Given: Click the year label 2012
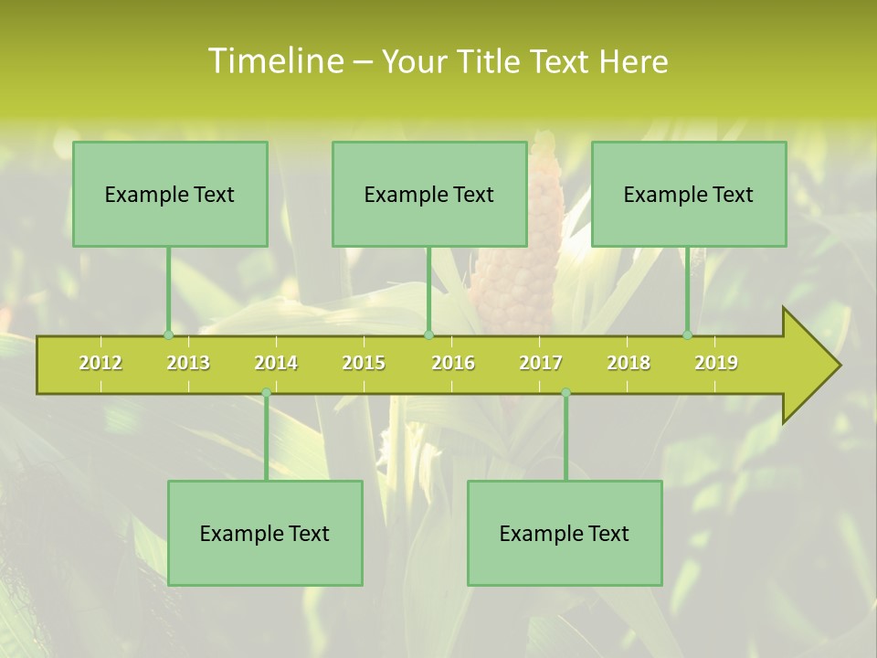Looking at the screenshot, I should tap(100, 363).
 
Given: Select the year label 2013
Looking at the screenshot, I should tap(188, 363).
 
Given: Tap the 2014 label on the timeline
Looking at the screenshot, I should tap(276, 363).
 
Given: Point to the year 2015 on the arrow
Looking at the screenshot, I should tap(364, 363).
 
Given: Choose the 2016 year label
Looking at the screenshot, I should tap(453, 363).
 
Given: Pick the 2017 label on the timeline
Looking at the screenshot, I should tap(541, 363).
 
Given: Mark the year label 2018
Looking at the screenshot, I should tap(629, 363).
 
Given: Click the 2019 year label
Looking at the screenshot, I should tap(716, 363).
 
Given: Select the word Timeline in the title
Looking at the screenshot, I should tap(275, 61).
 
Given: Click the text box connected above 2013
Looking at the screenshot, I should tap(170, 194).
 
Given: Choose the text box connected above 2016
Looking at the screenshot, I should tap(429, 194).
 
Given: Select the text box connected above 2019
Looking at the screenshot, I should tap(689, 194).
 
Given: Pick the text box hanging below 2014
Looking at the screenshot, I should tap(265, 533).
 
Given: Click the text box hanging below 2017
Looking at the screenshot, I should tap(565, 533).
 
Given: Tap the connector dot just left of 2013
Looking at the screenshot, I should tap(169, 335).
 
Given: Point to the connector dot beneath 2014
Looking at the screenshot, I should tap(266, 392).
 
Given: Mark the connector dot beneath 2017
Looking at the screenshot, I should tap(565, 392).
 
